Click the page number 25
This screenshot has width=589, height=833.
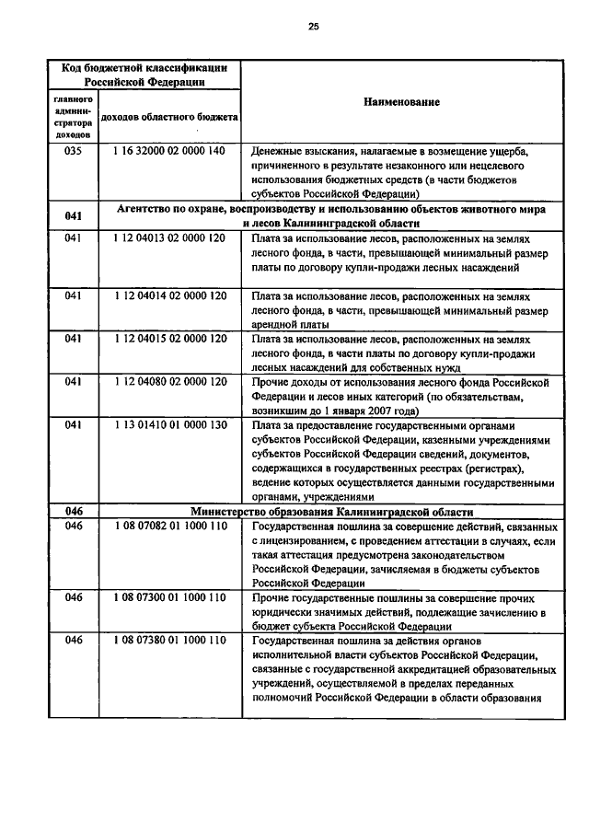point(313,27)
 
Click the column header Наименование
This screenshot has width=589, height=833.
point(402,102)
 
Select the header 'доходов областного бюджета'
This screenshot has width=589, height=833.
point(169,119)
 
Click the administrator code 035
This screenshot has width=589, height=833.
point(74,151)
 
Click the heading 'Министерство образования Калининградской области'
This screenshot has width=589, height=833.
point(332,511)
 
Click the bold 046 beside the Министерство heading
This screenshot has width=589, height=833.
point(74,511)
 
